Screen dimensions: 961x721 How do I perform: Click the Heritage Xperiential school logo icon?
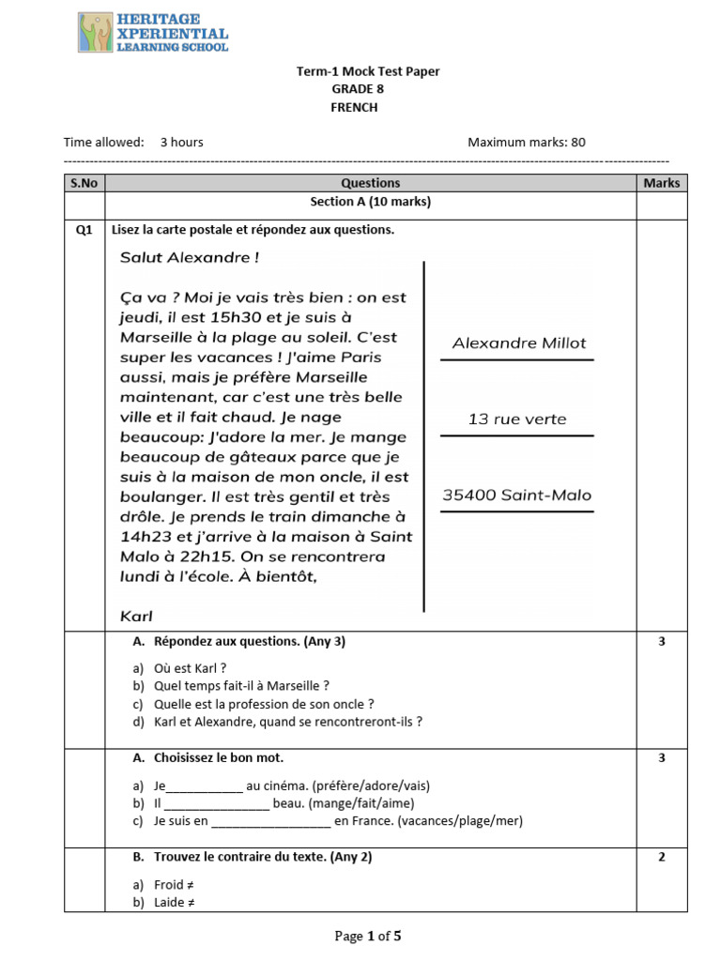[x=95, y=33]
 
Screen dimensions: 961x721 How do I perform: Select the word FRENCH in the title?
[x=354, y=107]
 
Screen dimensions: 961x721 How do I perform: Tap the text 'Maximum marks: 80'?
[x=526, y=143]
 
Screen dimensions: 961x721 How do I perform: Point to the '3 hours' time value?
[x=181, y=143]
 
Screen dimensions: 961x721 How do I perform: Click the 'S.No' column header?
[x=84, y=183]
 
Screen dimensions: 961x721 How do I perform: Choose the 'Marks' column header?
[x=661, y=183]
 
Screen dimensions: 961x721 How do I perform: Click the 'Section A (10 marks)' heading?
[x=371, y=202]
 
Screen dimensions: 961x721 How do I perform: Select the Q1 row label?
[x=84, y=230]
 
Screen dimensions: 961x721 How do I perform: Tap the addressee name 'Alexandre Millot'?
[x=518, y=343]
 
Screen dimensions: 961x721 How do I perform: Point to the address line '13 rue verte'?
[x=517, y=419]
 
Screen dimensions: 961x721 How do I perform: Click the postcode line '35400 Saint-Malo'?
[x=517, y=496]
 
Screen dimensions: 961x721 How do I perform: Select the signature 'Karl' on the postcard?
[x=137, y=617]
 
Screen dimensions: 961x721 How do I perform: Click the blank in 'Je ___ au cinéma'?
[x=204, y=786]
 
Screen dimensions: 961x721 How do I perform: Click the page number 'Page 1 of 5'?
[x=368, y=936]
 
